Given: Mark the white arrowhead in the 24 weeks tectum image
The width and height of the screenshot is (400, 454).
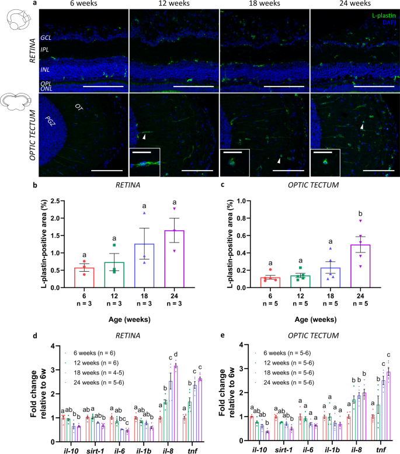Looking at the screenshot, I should point(362,126).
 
